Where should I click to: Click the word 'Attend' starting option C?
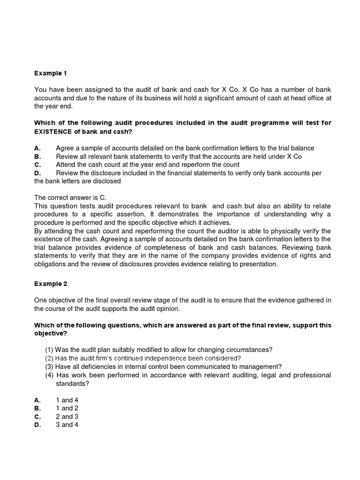[x=66, y=165]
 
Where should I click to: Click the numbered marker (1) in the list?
[x=49, y=350]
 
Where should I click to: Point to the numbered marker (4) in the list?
[x=49, y=375]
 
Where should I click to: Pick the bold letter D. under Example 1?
[x=38, y=173]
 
